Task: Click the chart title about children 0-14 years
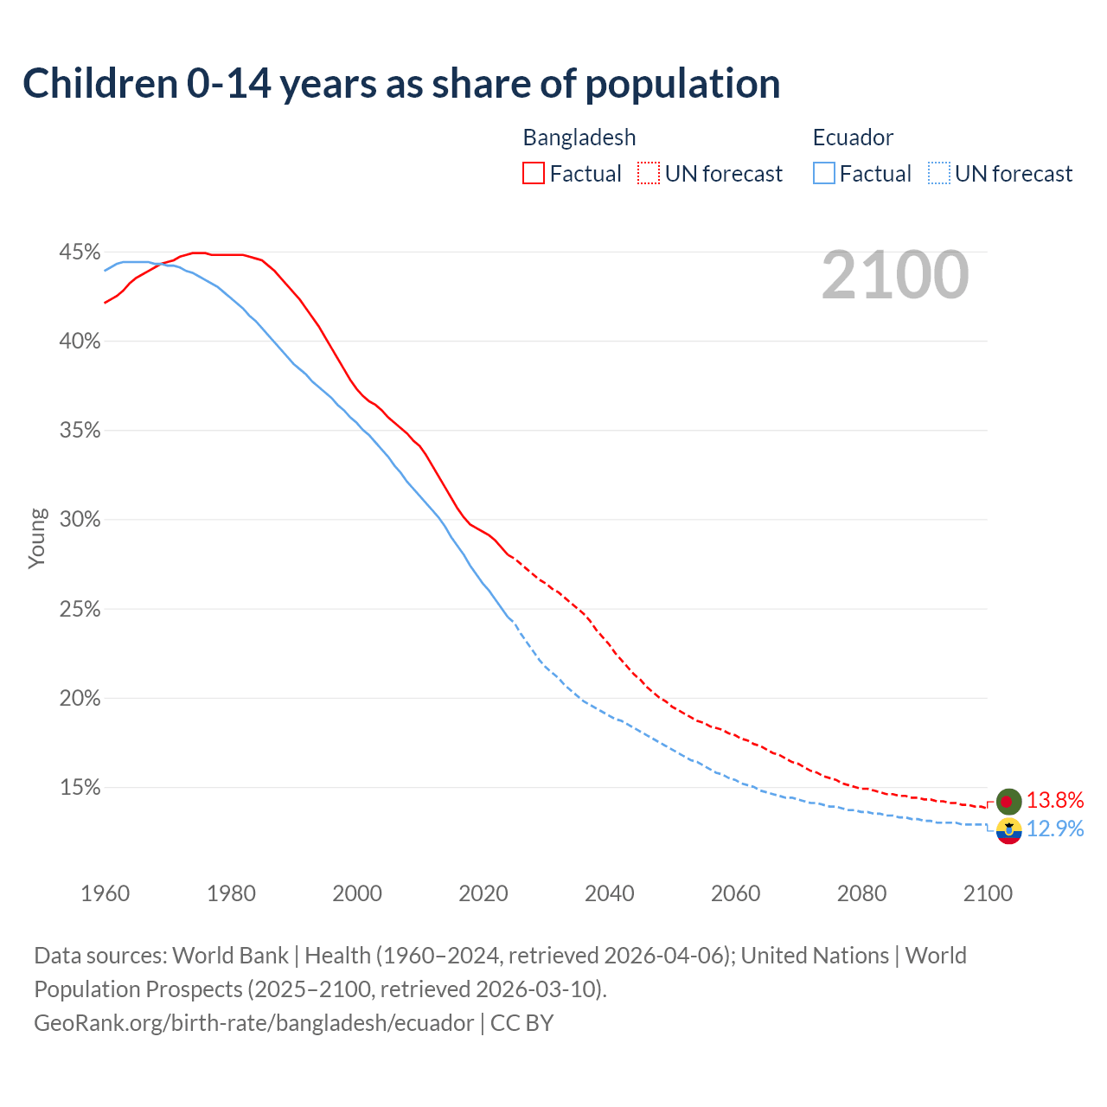click(401, 84)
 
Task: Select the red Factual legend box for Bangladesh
click(534, 174)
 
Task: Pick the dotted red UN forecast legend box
click(649, 174)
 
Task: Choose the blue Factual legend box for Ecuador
click(824, 174)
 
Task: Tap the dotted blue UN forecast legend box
click(939, 174)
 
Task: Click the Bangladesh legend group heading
click(579, 138)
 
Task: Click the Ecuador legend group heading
click(853, 138)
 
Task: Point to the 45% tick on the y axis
click(80, 253)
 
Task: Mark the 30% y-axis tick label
click(80, 520)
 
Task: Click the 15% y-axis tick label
click(80, 788)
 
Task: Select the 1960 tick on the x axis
click(106, 893)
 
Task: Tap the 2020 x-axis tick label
click(483, 893)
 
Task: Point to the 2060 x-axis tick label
click(736, 893)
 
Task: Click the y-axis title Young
click(37, 538)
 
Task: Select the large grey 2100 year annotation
click(895, 275)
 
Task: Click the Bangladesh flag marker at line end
click(1008, 802)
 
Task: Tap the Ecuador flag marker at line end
click(1008, 831)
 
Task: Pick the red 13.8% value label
click(1055, 801)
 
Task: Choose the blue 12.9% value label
click(1055, 829)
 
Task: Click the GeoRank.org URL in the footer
click(253, 1023)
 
